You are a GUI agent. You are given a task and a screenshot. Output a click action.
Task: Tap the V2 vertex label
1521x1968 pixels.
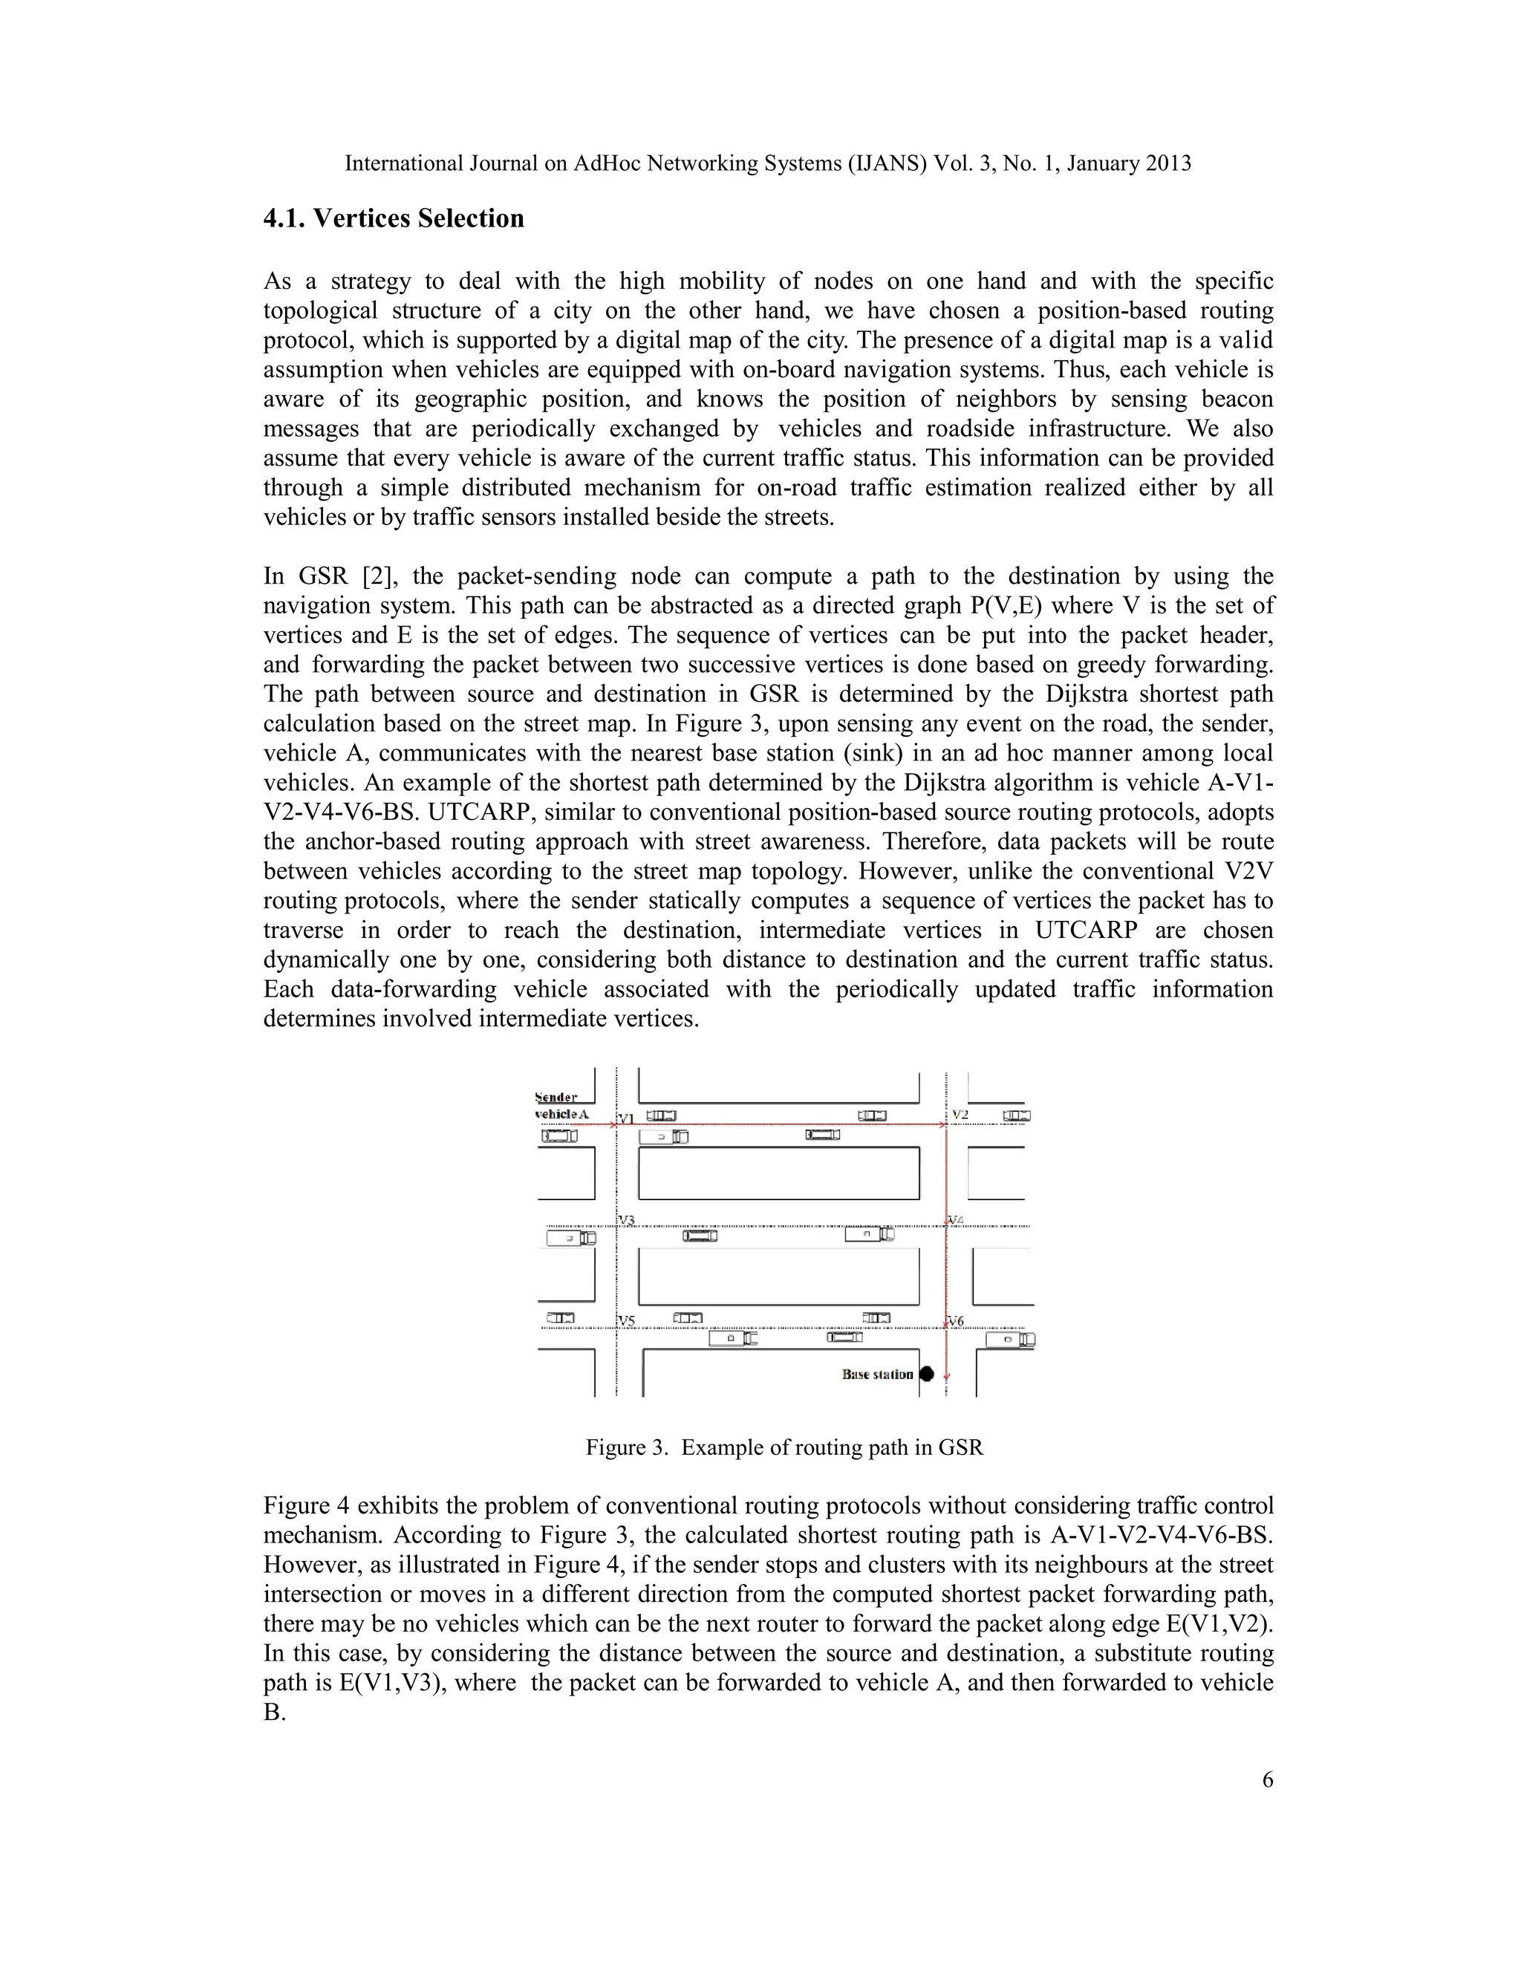[960, 1115]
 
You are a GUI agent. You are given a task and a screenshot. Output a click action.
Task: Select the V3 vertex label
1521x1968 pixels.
[627, 1221]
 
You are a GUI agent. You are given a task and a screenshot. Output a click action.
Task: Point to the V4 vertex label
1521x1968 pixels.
[956, 1220]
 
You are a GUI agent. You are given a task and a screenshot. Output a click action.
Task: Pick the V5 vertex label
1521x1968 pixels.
[627, 1322]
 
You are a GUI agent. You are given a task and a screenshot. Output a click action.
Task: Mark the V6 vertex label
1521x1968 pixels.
[956, 1321]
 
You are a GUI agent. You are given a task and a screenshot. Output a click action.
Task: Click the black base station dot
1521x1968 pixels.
[926, 1374]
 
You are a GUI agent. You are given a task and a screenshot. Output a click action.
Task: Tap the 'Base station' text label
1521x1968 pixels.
[877, 1374]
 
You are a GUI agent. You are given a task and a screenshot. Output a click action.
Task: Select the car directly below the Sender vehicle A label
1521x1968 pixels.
[558, 1136]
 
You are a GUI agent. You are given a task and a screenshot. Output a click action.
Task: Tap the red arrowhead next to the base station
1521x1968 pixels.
[946, 1377]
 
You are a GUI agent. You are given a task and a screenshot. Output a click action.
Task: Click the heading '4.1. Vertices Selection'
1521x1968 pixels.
[393, 219]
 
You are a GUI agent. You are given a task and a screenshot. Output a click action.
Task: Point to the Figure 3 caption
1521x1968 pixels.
[784, 1448]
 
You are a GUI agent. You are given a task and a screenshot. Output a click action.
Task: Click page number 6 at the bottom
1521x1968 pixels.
[1267, 1779]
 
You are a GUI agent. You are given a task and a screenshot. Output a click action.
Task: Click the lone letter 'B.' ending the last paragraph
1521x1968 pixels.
[273, 1712]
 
